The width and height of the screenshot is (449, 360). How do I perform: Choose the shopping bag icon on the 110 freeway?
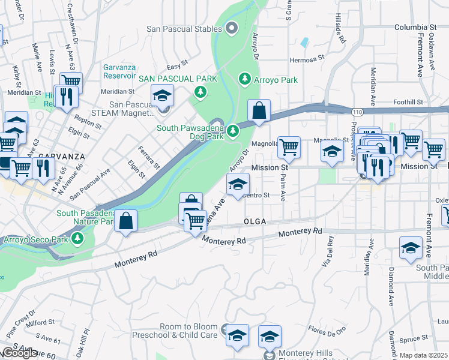(259, 112)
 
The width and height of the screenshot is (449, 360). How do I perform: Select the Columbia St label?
(415, 28)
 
